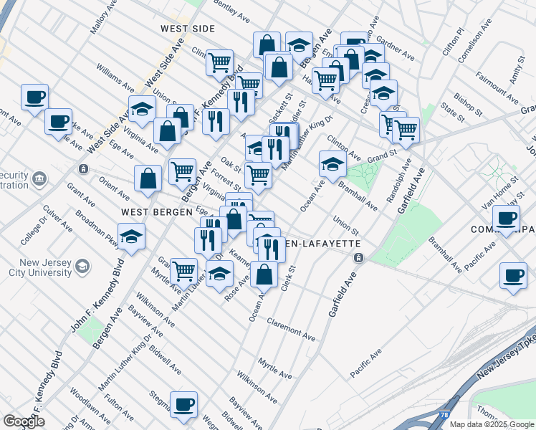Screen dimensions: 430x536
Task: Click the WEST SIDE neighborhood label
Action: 187,29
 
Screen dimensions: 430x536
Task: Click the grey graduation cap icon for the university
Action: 83,267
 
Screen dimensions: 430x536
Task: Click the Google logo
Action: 24,421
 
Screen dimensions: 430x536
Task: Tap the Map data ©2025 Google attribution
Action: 492,424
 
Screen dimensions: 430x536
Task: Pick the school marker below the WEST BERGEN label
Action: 131,236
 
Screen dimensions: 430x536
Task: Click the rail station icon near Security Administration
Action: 83,169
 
